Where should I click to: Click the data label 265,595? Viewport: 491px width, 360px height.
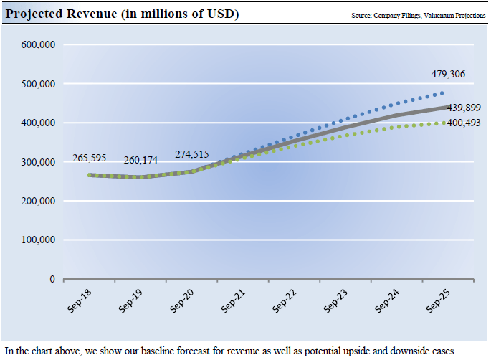point(89,158)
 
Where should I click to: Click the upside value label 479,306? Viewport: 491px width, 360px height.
point(448,74)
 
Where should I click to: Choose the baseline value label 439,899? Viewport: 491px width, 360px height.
point(464,108)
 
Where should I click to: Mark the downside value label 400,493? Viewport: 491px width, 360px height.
point(464,123)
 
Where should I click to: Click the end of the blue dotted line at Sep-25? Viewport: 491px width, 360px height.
point(442,93)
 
